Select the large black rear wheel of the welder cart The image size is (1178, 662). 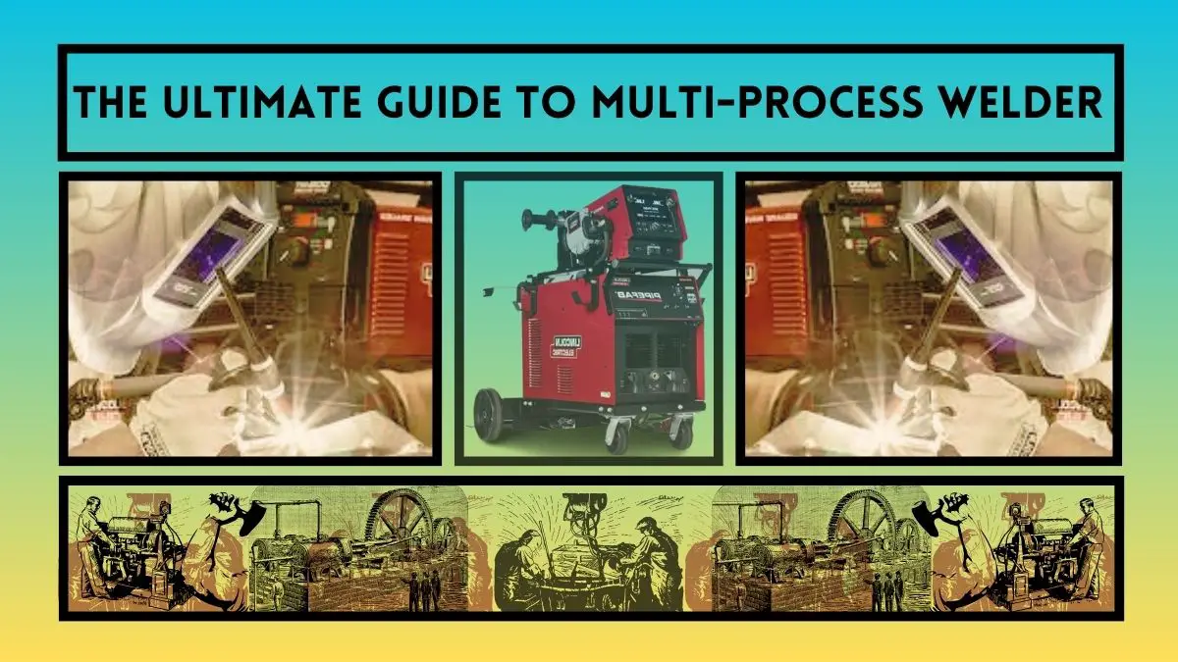coord(489,414)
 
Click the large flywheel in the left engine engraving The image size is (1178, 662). coord(407,530)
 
